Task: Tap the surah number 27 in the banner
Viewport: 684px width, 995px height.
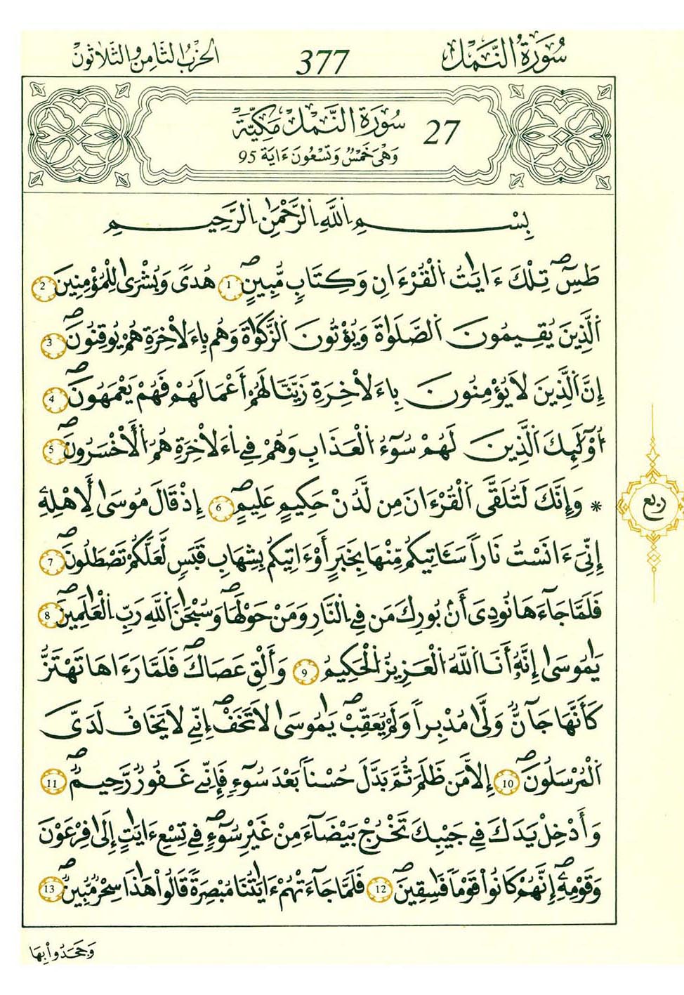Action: (x=441, y=133)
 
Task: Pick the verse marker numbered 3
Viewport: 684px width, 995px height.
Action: (x=51, y=343)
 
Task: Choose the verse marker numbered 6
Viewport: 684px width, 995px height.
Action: (x=221, y=507)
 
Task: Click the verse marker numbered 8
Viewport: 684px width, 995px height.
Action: (x=48, y=616)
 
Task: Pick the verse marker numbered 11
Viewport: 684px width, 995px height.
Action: (x=51, y=782)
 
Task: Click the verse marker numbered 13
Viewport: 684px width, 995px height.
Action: (x=48, y=890)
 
